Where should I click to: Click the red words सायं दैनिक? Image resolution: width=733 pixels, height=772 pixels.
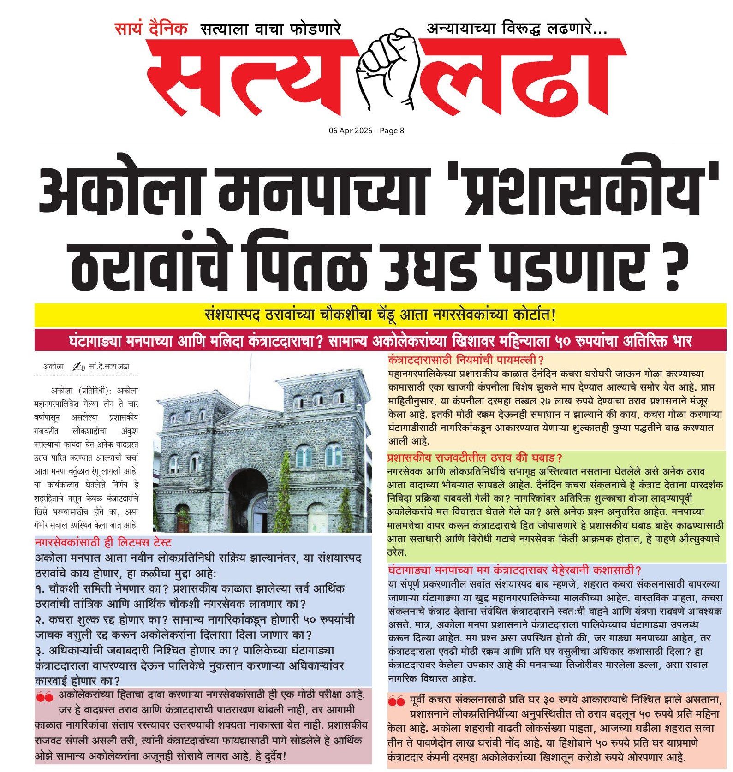151,29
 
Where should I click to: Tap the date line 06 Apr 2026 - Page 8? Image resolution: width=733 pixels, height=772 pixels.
366,131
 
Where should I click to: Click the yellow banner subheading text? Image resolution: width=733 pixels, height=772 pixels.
380,315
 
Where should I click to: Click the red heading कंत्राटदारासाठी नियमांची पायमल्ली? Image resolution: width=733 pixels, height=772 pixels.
466,360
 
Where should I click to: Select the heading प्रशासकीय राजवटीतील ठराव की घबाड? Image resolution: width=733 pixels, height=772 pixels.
474,458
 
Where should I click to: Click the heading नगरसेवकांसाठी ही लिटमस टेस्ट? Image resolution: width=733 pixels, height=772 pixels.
103,542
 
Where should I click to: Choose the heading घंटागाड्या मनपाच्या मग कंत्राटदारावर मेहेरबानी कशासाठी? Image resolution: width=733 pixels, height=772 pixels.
514,570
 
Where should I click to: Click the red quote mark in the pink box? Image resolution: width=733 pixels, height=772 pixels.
45,697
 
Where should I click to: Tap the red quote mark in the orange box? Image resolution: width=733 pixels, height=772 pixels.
396,701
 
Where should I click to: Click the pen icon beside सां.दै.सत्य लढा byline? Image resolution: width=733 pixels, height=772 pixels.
78,367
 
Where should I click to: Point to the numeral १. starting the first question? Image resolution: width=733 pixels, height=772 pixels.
40,589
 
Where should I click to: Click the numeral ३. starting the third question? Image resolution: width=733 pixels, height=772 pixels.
40,651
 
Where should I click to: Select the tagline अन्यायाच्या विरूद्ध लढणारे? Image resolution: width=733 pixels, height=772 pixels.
517,29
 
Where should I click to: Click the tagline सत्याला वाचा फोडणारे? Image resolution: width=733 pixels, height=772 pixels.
270,30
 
